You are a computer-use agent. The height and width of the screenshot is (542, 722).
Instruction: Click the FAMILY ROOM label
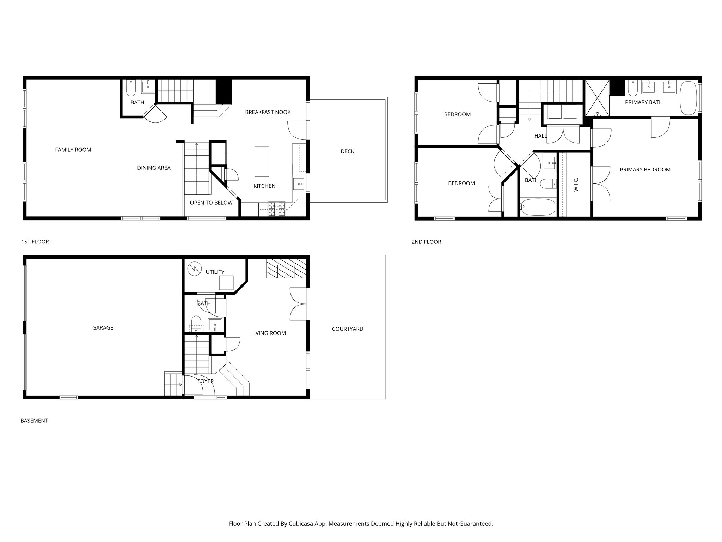click(x=73, y=150)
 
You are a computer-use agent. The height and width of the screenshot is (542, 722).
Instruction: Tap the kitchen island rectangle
click(x=262, y=162)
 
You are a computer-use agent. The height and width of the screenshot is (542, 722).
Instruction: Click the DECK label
click(x=347, y=151)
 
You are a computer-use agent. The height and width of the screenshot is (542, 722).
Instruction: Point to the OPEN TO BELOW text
click(x=211, y=203)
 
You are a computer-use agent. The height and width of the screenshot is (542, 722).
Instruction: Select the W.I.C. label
click(x=576, y=185)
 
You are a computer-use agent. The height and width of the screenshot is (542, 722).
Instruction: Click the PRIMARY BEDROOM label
click(x=645, y=170)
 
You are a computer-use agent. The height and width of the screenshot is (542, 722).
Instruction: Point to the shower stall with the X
click(x=597, y=98)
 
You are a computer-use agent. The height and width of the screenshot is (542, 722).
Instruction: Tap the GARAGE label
click(x=103, y=327)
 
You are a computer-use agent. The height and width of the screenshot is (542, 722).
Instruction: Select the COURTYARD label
click(x=347, y=329)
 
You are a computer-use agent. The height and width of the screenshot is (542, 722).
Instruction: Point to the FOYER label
click(x=206, y=381)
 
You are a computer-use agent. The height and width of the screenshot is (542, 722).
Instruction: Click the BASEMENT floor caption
click(x=34, y=421)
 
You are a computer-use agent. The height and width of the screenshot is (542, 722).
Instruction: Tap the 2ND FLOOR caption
click(x=426, y=242)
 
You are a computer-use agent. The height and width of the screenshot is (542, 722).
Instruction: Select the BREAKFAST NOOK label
click(x=268, y=112)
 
